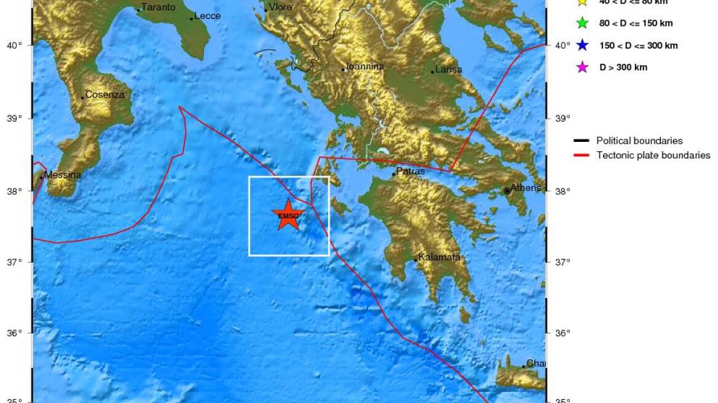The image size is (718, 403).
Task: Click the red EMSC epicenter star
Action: [288, 215]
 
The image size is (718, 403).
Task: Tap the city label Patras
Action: [410, 171]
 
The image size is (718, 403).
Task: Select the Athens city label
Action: [526, 188]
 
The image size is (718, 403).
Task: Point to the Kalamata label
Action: [439, 257]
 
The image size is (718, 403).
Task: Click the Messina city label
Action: [63, 175]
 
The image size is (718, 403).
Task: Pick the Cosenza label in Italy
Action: [105, 95]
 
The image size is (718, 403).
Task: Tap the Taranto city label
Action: [158, 7]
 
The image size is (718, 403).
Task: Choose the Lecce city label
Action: [207, 16]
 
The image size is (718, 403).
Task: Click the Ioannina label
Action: [365, 66]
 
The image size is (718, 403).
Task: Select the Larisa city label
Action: [449, 69]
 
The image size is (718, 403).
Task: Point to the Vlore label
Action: [280, 7]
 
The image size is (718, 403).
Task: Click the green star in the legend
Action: [582, 23]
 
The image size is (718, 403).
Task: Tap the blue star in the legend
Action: [582, 45]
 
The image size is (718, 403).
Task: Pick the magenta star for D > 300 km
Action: [582, 68]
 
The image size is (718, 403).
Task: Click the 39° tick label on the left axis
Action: [14, 118]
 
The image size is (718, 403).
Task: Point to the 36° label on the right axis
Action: [562, 334]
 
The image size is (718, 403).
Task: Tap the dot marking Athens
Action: [507, 191]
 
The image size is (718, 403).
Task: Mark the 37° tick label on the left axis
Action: [14, 262]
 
